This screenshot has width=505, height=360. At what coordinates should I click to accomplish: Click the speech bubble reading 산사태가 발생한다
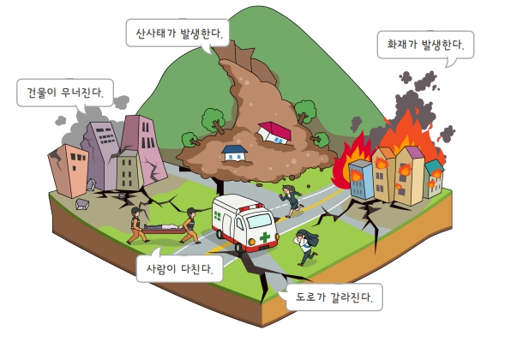[x=177, y=33]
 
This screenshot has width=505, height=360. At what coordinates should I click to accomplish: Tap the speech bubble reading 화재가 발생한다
[x=425, y=45]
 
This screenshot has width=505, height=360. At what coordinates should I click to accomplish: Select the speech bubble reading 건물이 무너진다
[x=65, y=93]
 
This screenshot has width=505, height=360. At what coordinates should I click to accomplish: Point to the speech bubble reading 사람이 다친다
[x=179, y=268]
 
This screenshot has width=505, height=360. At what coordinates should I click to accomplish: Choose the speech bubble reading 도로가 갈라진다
[x=334, y=297]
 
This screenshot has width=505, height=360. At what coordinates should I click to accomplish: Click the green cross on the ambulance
[x=265, y=237]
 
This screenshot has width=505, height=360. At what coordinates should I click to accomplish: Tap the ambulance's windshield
[x=259, y=220]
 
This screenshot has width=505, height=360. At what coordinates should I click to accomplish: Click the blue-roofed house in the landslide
[x=235, y=153]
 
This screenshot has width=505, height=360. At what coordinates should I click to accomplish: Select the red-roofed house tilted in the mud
[x=274, y=132]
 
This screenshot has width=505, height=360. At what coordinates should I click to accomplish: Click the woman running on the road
[x=292, y=201]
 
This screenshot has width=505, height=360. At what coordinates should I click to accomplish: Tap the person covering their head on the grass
[x=307, y=246]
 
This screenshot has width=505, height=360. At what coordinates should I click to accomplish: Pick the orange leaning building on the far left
[x=69, y=170]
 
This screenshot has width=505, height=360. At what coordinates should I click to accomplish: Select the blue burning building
[x=361, y=178]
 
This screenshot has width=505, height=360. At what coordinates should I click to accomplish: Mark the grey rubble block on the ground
[x=82, y=204]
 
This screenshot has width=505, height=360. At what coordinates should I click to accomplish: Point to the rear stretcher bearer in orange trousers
[x=137, y=225]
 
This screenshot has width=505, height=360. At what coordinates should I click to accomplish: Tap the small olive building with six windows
[x=129, y=171]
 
